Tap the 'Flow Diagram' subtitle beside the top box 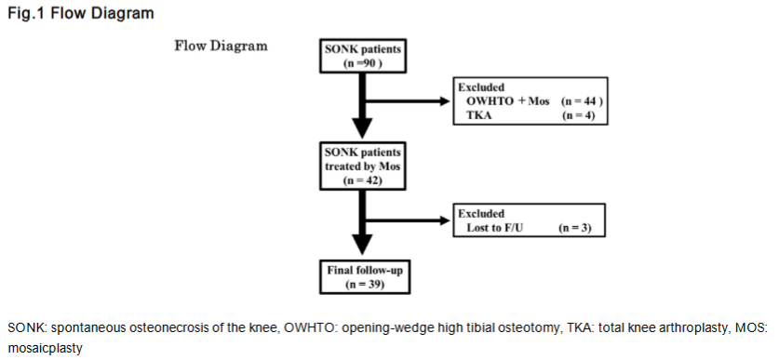point(221,46)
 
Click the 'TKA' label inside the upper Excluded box point(477,114)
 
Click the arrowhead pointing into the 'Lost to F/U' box point(445,220)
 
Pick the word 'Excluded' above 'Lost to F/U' point(481,213)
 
